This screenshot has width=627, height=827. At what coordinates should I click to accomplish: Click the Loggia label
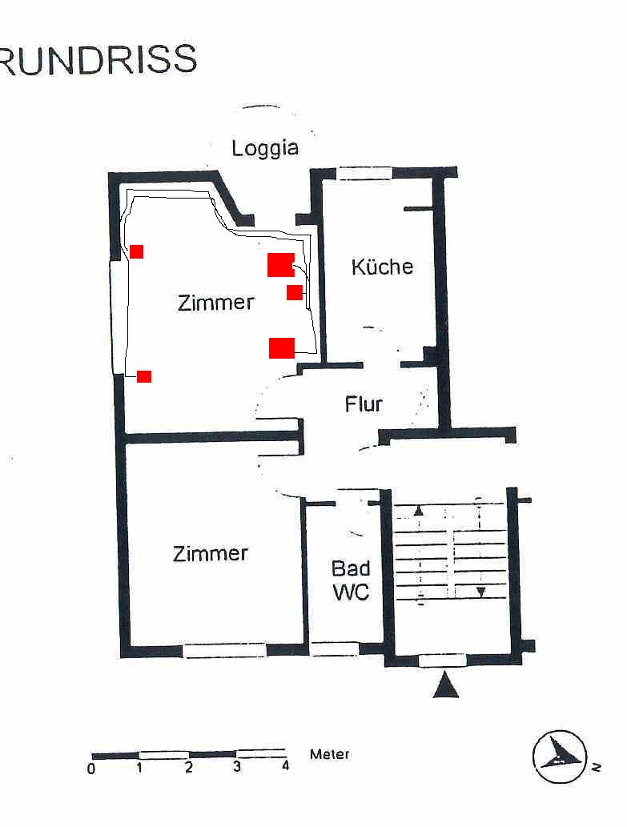(265, 148)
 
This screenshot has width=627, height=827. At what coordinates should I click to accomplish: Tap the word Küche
(382, 267)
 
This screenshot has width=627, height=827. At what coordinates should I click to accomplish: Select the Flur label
(364, 404)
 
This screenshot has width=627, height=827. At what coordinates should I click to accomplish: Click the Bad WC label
(351, 580)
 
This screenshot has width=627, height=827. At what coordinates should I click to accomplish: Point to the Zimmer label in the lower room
(211, 553)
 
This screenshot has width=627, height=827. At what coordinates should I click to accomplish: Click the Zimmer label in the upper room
(216, 302)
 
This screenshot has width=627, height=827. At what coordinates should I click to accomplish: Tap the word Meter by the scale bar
(330, 754)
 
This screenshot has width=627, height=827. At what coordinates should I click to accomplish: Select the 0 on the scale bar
(92, 769)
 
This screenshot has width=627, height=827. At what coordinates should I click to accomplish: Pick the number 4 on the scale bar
(285, 766)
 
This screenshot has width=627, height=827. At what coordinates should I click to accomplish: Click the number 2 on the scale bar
(189, 768)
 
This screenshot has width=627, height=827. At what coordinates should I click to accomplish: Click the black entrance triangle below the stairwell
(445, 684)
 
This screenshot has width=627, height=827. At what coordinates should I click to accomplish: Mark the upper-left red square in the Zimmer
(137, 251)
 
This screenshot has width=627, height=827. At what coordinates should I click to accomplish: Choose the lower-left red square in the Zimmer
(144, 376)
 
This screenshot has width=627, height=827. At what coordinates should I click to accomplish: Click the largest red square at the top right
(280, 265)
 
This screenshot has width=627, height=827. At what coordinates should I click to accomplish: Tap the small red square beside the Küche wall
(295, 292)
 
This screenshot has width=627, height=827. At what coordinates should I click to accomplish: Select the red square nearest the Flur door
(282, 348)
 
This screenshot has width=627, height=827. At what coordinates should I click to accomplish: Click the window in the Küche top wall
(364, 173)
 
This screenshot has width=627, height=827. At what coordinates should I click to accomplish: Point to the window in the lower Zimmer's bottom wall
(225, 650)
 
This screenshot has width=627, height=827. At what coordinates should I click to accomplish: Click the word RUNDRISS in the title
(98, 59)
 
